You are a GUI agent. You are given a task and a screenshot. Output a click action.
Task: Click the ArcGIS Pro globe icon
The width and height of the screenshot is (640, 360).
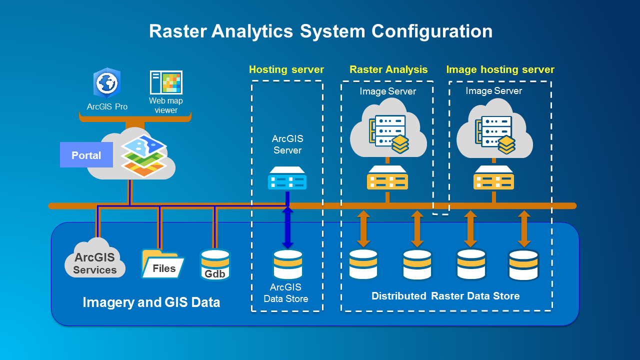pyautogui.click(x=106, y=82)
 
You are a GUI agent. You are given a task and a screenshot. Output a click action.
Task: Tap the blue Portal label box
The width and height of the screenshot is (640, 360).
pyautogui.click(x=86, y=155)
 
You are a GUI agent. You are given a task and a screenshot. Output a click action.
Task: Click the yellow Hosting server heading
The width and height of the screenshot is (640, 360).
pyautogui.click(x=286, y=69)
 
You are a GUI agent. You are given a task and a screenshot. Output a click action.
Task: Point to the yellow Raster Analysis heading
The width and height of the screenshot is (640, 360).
pyautogui.click(x=388, y=69)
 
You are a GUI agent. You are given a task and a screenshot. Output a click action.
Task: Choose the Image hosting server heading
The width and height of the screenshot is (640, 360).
pyautogui.click(x=500, y=69)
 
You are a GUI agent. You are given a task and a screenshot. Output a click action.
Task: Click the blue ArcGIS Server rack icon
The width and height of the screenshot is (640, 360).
pyautogui.click(x=287, y=178)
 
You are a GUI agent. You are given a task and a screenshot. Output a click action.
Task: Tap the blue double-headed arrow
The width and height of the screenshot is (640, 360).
pyautogui.click(x=287, y=228)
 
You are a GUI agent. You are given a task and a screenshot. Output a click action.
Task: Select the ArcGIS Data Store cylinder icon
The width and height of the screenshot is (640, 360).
pyautogui.click(x=287, y=264)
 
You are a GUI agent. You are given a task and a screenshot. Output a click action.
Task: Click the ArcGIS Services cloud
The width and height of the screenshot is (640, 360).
pyautogui.click(x=95, y=260)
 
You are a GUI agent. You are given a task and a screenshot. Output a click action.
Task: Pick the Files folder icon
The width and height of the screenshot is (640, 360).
pyautogui.click(x=162, y=264)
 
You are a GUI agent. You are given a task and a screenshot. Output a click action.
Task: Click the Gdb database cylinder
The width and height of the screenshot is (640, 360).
pyautogui.click(x=215, y=264)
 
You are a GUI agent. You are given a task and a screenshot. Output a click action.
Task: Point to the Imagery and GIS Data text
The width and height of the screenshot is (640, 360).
pyautogui.click(x=151, y=302)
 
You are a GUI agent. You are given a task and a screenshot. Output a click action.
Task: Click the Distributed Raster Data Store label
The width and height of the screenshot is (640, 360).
pyautogui.click(x=445, y=296)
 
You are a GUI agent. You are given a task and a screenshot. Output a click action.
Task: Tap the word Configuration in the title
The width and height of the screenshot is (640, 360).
pyautogui.click(x=431, y=31)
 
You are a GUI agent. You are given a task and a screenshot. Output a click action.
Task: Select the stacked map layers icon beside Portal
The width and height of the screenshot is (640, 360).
pyautogui.click(x=144, y=155)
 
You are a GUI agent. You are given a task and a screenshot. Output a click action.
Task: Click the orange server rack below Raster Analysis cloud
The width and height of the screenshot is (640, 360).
pyautogui.click(x=387, y=178)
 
